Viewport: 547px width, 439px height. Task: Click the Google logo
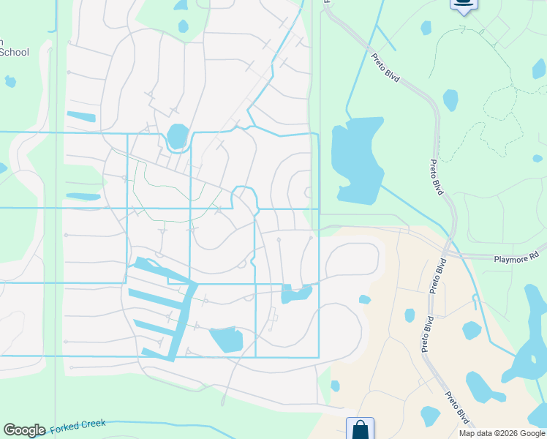(x=24, y=430)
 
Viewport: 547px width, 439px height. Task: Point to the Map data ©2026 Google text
(x=502, y=433)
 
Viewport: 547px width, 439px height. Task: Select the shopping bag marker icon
(x=361, y=429)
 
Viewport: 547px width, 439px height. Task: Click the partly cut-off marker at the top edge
(x=463, y=4)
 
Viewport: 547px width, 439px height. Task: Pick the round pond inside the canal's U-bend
(x=178, y=136)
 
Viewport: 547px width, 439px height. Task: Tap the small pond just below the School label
(x=10, y=80)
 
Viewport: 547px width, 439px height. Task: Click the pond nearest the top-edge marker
(x=426, y=28)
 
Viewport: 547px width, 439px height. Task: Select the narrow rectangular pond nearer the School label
(x=81, y=116)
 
